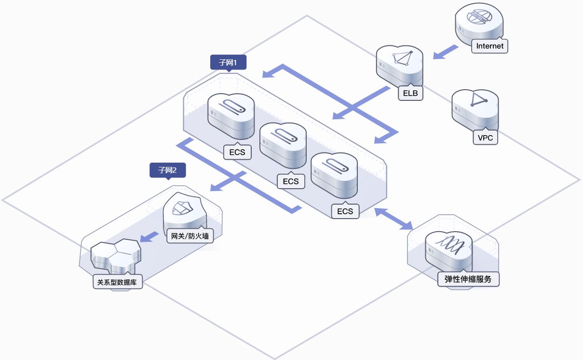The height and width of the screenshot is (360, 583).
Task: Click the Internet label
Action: tap(489, 46)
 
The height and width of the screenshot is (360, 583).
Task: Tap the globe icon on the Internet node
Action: tap(479, 17)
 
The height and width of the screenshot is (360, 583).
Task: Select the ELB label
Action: tap(410, 93)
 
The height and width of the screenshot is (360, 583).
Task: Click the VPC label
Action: tap(485, 138)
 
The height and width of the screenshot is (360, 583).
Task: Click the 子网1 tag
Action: tap(228, 63)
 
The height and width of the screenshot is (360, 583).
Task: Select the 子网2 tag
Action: tap(168, 170)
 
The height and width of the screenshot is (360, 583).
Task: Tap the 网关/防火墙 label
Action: tap(190, 236)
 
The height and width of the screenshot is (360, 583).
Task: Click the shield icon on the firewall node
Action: tap(182, 208)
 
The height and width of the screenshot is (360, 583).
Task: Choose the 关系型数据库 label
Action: tap(118, 282)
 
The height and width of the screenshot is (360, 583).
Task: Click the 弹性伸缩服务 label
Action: tap(468, 279)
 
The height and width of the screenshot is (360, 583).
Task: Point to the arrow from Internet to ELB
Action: tap(445, 52)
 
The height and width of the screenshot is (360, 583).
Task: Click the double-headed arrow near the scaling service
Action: tap(393, 219)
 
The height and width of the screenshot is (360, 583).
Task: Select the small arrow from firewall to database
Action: tap(149, 237)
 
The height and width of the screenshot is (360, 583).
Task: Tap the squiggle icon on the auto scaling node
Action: tap(450, 245)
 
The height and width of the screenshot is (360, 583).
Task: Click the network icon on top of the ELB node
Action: tap(403, 58)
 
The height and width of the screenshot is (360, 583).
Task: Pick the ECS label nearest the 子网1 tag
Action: tap(237, 152)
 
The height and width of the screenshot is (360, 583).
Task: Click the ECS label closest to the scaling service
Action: tap(345, 211)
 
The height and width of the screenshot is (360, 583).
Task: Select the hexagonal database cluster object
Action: tap(116, 254)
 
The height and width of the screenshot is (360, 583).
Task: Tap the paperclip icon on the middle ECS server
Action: tap(284, 136)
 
